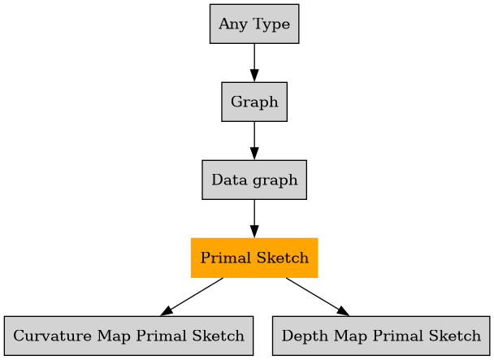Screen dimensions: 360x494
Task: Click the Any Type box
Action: point(254,24)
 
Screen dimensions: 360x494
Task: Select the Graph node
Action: point(254,102)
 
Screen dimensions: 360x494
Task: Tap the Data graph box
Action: point(254,180)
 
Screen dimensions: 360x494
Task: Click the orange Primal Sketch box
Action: point(254,258)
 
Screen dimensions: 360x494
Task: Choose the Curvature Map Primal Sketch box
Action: point(128,336)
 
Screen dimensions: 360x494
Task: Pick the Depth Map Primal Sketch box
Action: point(381,336)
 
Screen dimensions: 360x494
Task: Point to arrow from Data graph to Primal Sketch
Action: point(254,219)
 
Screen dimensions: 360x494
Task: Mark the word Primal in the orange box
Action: point(221,258)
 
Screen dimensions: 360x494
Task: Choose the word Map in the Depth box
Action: point(342,336)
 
